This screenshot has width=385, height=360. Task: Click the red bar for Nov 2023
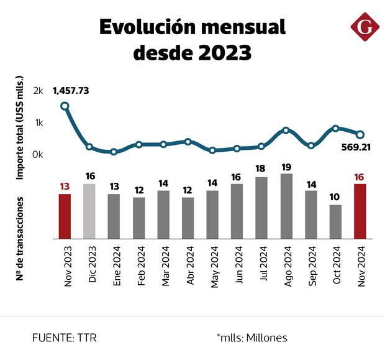(65, 216)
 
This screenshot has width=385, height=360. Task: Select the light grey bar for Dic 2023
(89, 211)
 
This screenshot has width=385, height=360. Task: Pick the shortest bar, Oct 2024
(335, 221)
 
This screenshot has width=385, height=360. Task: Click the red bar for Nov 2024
(360, 211)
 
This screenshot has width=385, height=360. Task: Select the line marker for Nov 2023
(65, 106)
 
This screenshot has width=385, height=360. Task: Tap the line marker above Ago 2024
(286, 131)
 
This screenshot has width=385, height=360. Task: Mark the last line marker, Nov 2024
(360, 134)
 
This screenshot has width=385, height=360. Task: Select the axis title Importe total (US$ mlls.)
(19, 128)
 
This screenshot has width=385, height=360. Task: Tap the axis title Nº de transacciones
(20, 238)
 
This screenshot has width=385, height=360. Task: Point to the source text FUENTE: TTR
(65, 338)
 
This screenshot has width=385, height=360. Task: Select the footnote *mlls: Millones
(252, 338)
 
